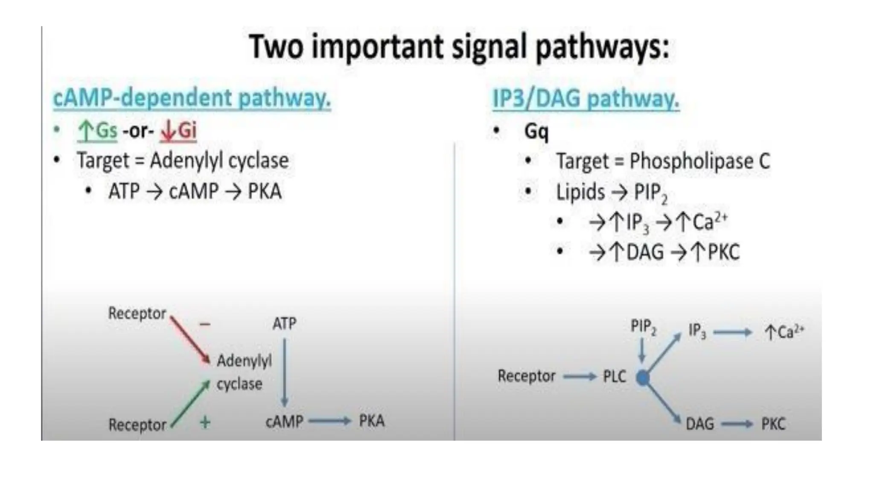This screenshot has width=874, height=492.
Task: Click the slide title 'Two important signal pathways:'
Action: (x=459, y=47)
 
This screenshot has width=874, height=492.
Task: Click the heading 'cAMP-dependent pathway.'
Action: (x=192, y=98)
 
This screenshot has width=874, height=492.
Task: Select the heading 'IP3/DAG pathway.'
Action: (x=586, y=99)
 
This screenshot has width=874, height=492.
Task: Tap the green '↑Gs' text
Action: (x=97, y=130)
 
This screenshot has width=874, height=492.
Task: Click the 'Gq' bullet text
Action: (x=536, y=131)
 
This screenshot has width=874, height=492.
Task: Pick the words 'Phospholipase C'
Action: (x=700, y=161)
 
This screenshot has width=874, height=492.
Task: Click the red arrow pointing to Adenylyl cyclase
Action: (x=190, y=340)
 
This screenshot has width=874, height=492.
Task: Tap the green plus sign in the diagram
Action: (x=205, y=422)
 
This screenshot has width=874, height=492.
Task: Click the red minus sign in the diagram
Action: (x=205, y=325)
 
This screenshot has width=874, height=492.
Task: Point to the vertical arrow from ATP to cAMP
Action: (x=285, y=372)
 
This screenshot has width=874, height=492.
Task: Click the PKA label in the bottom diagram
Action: (x=372, y=421)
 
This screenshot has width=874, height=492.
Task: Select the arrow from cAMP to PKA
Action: (x=329, y=422)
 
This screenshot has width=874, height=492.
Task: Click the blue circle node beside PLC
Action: (x=643, y=378)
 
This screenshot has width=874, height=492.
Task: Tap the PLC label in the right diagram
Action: (x=615, y=376)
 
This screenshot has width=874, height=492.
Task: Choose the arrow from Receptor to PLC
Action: (x=580, y=376)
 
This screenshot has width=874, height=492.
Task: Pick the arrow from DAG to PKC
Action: (x=737, y=424)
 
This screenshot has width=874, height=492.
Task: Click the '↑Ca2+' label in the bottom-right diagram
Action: (x=784, y=332)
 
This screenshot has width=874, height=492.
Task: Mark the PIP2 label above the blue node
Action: (x=644, y=327)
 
